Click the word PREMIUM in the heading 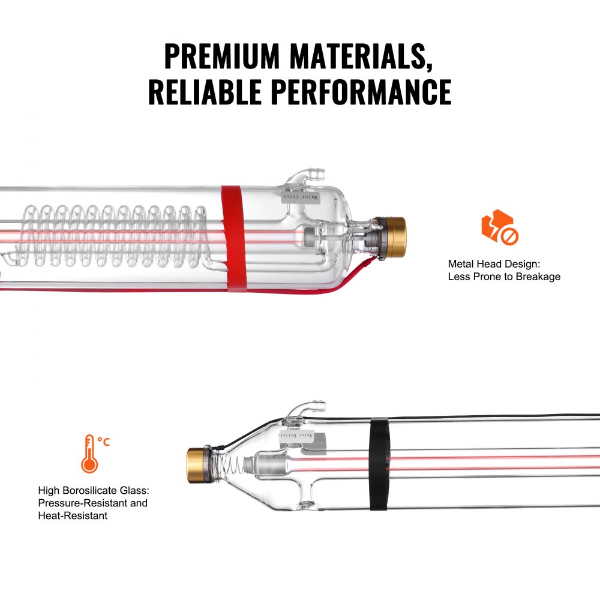222,56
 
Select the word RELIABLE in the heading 205,91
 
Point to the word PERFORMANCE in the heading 361,91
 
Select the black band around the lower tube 379,463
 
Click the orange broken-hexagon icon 499,227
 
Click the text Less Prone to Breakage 504,277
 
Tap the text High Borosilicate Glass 88,490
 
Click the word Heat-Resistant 73,515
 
